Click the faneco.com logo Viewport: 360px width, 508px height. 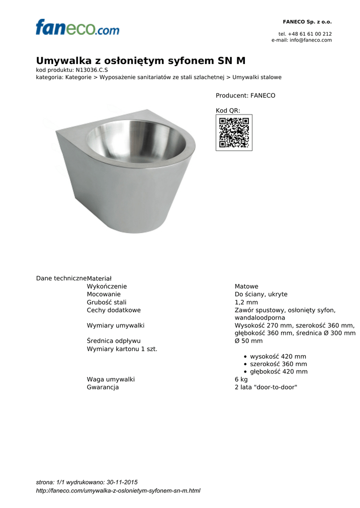[x=77, y=28]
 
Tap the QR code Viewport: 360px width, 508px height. [x=234, y=132]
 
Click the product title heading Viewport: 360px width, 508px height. [x=141, y=61]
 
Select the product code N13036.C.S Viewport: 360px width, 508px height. [x=92, y=70]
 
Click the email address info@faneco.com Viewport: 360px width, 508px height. [x=311, y=40]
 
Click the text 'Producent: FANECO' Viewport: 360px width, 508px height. [x=245, y=96]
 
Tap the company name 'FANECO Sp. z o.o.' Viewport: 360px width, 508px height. [x=307, y=22]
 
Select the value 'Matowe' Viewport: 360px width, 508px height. [x=246, y=287]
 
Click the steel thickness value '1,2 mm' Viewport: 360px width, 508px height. [x=246, y=303]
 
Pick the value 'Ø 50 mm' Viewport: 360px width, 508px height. [x=248, y=341]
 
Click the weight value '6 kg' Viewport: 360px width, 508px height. [x=241, y=380]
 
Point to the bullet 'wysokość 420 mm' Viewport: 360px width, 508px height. [x=278, y=357]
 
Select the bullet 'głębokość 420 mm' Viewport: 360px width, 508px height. [x=279, y=372]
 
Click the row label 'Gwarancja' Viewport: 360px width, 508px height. [x=103, y=387]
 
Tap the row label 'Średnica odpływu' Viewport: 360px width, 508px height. [x=114, y=341]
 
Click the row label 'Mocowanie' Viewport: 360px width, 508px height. [x=104, y=295]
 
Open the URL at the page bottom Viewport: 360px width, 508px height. [x=118, y=491]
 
